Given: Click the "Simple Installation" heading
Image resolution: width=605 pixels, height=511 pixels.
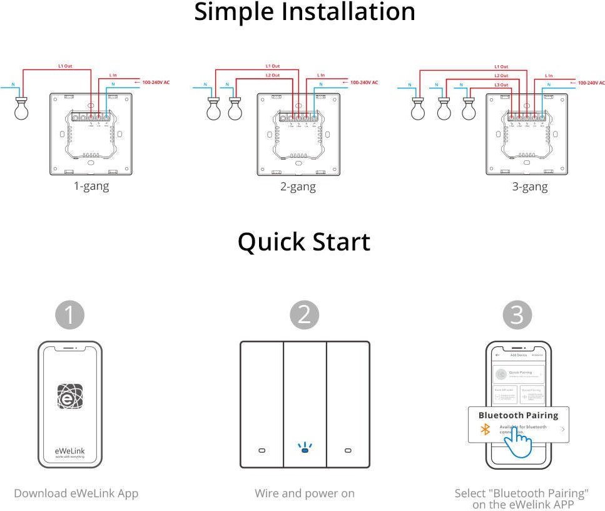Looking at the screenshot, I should point(304,12).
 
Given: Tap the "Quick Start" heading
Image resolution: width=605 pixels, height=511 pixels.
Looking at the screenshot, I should point(304,242).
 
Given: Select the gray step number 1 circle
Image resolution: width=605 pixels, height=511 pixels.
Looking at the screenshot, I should point(69,315).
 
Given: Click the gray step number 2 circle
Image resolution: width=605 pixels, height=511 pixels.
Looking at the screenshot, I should point(304,315).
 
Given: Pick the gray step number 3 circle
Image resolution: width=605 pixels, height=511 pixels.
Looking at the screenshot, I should point(517,315).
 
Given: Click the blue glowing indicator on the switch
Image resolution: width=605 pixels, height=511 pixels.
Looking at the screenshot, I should point(305,448).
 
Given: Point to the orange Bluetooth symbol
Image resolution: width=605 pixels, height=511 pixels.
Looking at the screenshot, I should point(484,430).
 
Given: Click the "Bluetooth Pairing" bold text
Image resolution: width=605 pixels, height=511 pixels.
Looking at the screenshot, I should point(518,415).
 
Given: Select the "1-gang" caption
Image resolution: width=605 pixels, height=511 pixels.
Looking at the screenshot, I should point(91,186).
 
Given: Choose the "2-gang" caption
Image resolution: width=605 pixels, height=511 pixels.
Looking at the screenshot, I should point(298,186).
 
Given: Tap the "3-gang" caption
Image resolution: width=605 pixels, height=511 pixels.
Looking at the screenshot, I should point(529,186).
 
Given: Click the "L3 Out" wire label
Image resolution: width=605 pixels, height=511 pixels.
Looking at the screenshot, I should point(501,85).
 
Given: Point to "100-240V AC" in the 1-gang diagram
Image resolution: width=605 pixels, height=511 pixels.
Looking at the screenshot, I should point(156,82).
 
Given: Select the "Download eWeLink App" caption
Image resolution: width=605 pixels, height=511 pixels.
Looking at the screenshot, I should point(76,493).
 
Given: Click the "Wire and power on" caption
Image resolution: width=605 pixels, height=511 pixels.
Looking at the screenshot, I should point(305,493).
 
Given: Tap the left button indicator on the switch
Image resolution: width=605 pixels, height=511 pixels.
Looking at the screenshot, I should point(262,450).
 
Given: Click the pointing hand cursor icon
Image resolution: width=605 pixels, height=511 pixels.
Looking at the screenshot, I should point(518,441).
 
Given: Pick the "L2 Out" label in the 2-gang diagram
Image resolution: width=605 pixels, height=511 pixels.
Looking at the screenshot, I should point(272,75).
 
